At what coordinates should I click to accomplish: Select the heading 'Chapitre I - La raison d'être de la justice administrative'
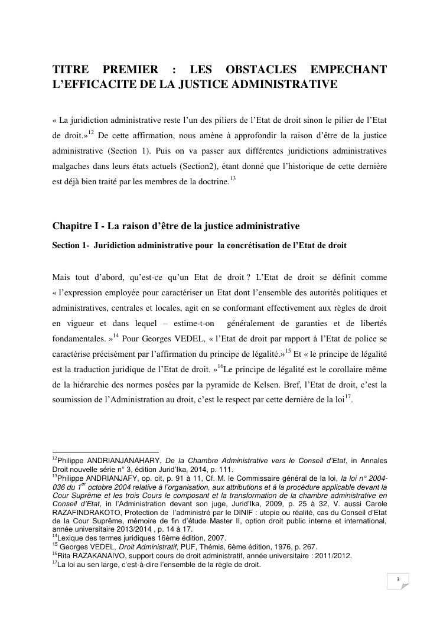176,226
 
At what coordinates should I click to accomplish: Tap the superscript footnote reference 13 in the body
233,179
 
